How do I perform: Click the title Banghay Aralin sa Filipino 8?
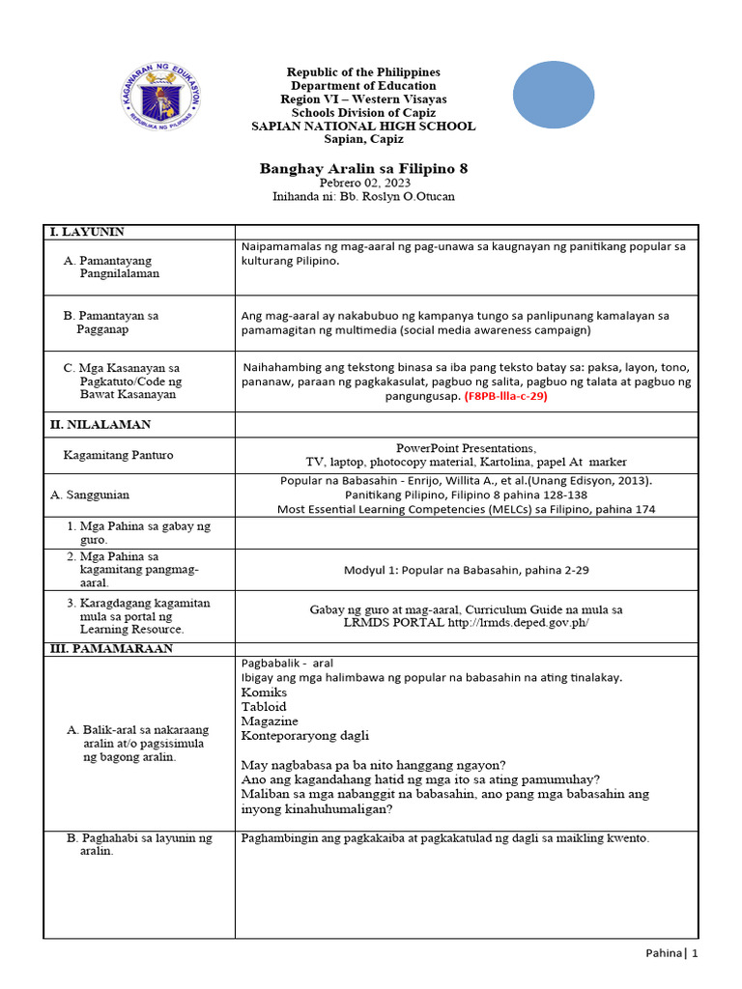(x=363, y=168)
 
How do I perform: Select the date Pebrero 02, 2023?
(x=363, y=184)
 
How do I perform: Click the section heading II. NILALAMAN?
(x=100, y=424)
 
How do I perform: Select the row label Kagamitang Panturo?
(x=118, y=455)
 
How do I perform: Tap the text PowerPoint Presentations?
(x=466, y=448)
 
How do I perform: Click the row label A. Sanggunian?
(x=90, y=494)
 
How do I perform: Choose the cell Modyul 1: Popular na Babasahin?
(x=466, y=570)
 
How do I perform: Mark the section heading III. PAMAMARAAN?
(x=111, y=649)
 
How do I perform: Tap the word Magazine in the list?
(x=270, y=721)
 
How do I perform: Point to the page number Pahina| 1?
(x=671, y=953)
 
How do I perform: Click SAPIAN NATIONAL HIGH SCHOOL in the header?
(x=363, y=127)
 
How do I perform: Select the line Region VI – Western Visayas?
(x=363, y=99)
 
